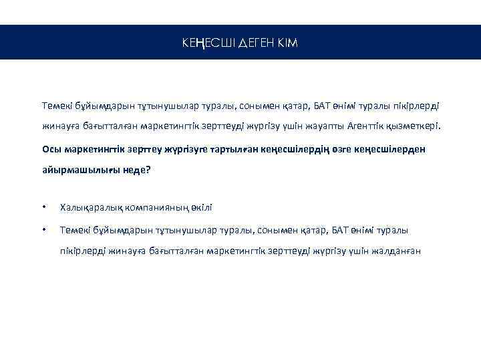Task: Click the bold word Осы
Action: coord(51,148)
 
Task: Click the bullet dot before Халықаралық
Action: coord(44,209)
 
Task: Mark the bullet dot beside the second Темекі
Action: coord(44,231)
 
